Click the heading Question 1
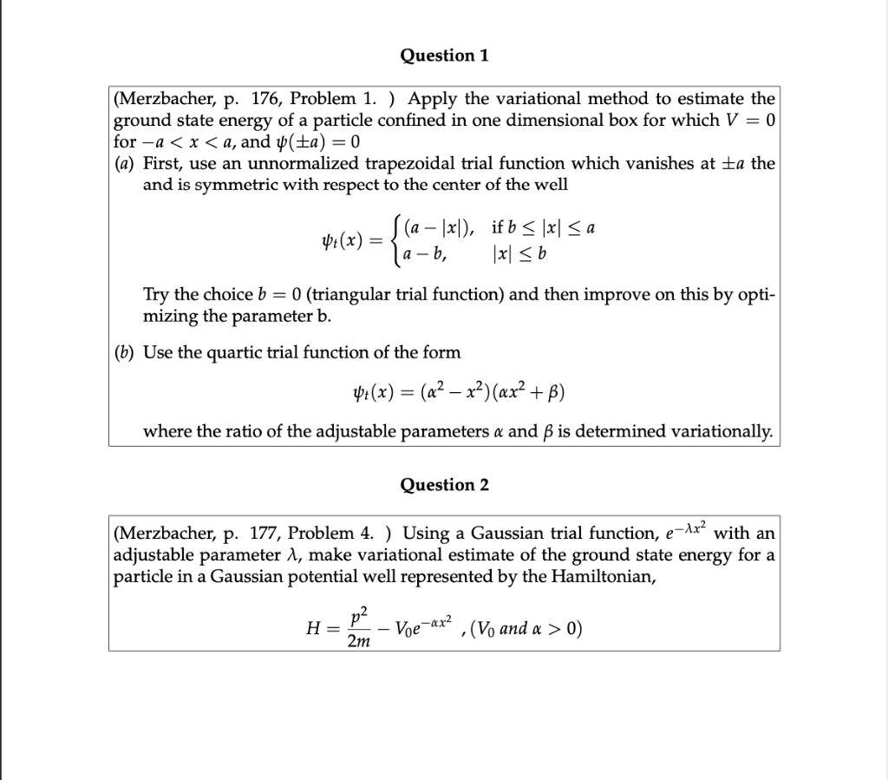point(444,56)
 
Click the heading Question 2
point(444,485)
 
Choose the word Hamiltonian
point(602,577)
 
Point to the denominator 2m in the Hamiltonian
point(356,640)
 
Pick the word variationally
point(708,431)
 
